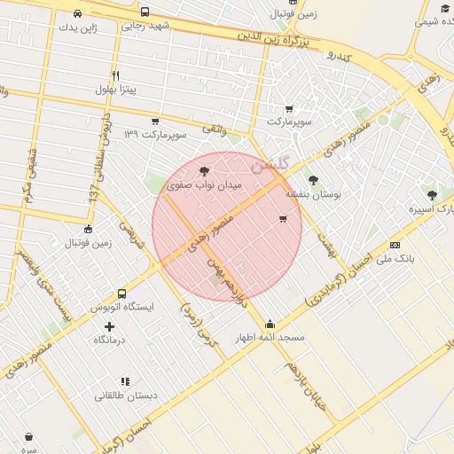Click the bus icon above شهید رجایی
145,12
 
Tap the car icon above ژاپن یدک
78,13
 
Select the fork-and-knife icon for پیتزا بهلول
115,75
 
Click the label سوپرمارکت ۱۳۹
155,134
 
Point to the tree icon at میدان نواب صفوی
205,171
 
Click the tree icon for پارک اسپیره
432,195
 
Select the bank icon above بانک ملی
395,246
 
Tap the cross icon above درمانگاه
109,326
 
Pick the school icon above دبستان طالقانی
125,381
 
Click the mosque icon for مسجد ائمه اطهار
270,325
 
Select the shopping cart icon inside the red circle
283,218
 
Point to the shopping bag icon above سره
29,436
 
